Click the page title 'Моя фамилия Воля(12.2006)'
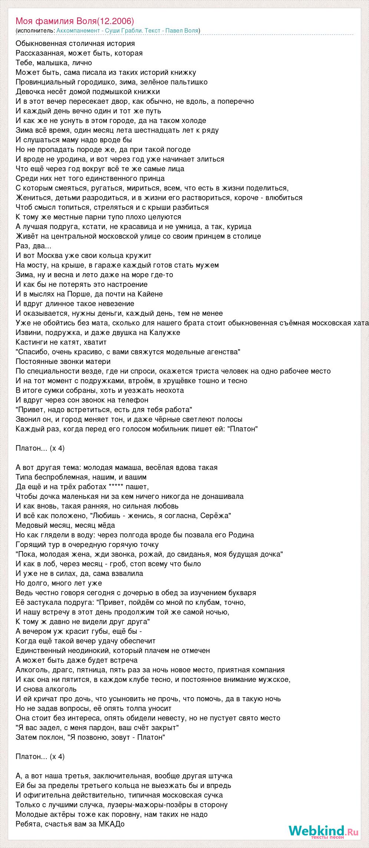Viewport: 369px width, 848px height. (x=75, y=21)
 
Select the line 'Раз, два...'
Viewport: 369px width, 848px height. (x=33, y=246)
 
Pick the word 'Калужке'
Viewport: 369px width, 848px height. (x=165, y=332)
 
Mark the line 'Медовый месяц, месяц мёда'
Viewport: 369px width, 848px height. (x=65, y=525)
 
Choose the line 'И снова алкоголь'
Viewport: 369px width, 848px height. (x=46, y=689)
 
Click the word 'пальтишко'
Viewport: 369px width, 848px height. (x=188, y=82)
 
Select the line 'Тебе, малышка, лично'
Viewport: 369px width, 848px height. (x=54, y=63)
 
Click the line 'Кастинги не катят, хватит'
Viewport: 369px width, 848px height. (x=61, y=342)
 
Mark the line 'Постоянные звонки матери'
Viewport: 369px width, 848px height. (x=63, y=361)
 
